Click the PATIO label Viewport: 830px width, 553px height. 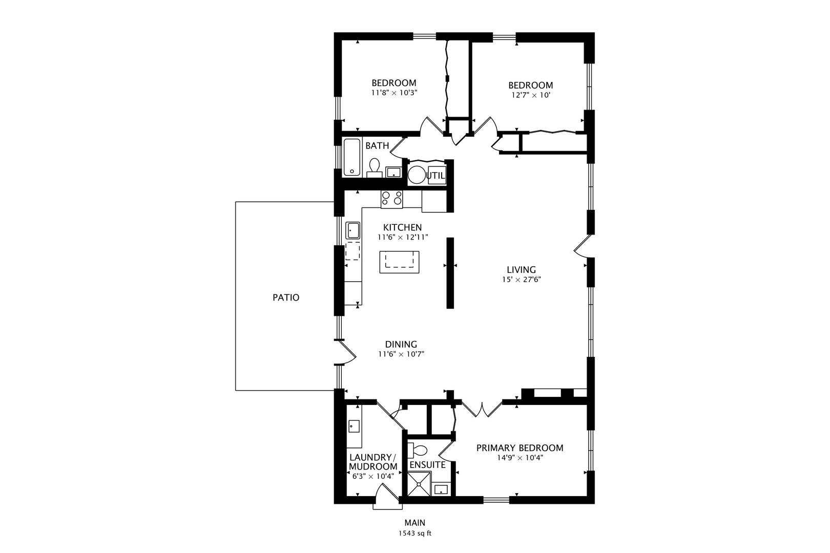pyautogui.click(x=286, y=297)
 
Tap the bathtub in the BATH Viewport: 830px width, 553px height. pyautogui.click(x=352, y=157)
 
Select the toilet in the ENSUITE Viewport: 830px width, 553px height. pyautogui.click(x=419, y=451)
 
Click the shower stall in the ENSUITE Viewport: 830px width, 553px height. pyautogui.click(x=420, y=484)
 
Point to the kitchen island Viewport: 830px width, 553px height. pyautogui.click(x=399, y=262)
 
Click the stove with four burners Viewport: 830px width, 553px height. pyautogui.click(x=392, y=198)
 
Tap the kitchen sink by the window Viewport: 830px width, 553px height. pyautogui.click(x=352, y=230)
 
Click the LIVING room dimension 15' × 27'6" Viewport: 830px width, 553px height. pyautogui.click(x=522, y=280)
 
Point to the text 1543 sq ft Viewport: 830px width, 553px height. pyautogui.click(x=414, y=534)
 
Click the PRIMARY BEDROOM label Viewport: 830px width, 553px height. pyautogui.click(x=520, y=448)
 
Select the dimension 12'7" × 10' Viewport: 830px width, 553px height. pyautogui.click(x=530, y=95)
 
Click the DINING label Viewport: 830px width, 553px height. pyautogui.click(x=401, y=345)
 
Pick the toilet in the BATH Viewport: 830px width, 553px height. pyautogui.click(x=375, y=166)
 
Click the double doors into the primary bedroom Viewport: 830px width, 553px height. pyautogui.click(x=482, y=408)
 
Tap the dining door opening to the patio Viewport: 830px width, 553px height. pyautogui.click(x=346, y=353)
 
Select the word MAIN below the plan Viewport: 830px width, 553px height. pyautogui.click(x=414, y=523)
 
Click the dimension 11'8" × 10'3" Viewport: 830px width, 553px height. pyautogui.click(x=393, y=93)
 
